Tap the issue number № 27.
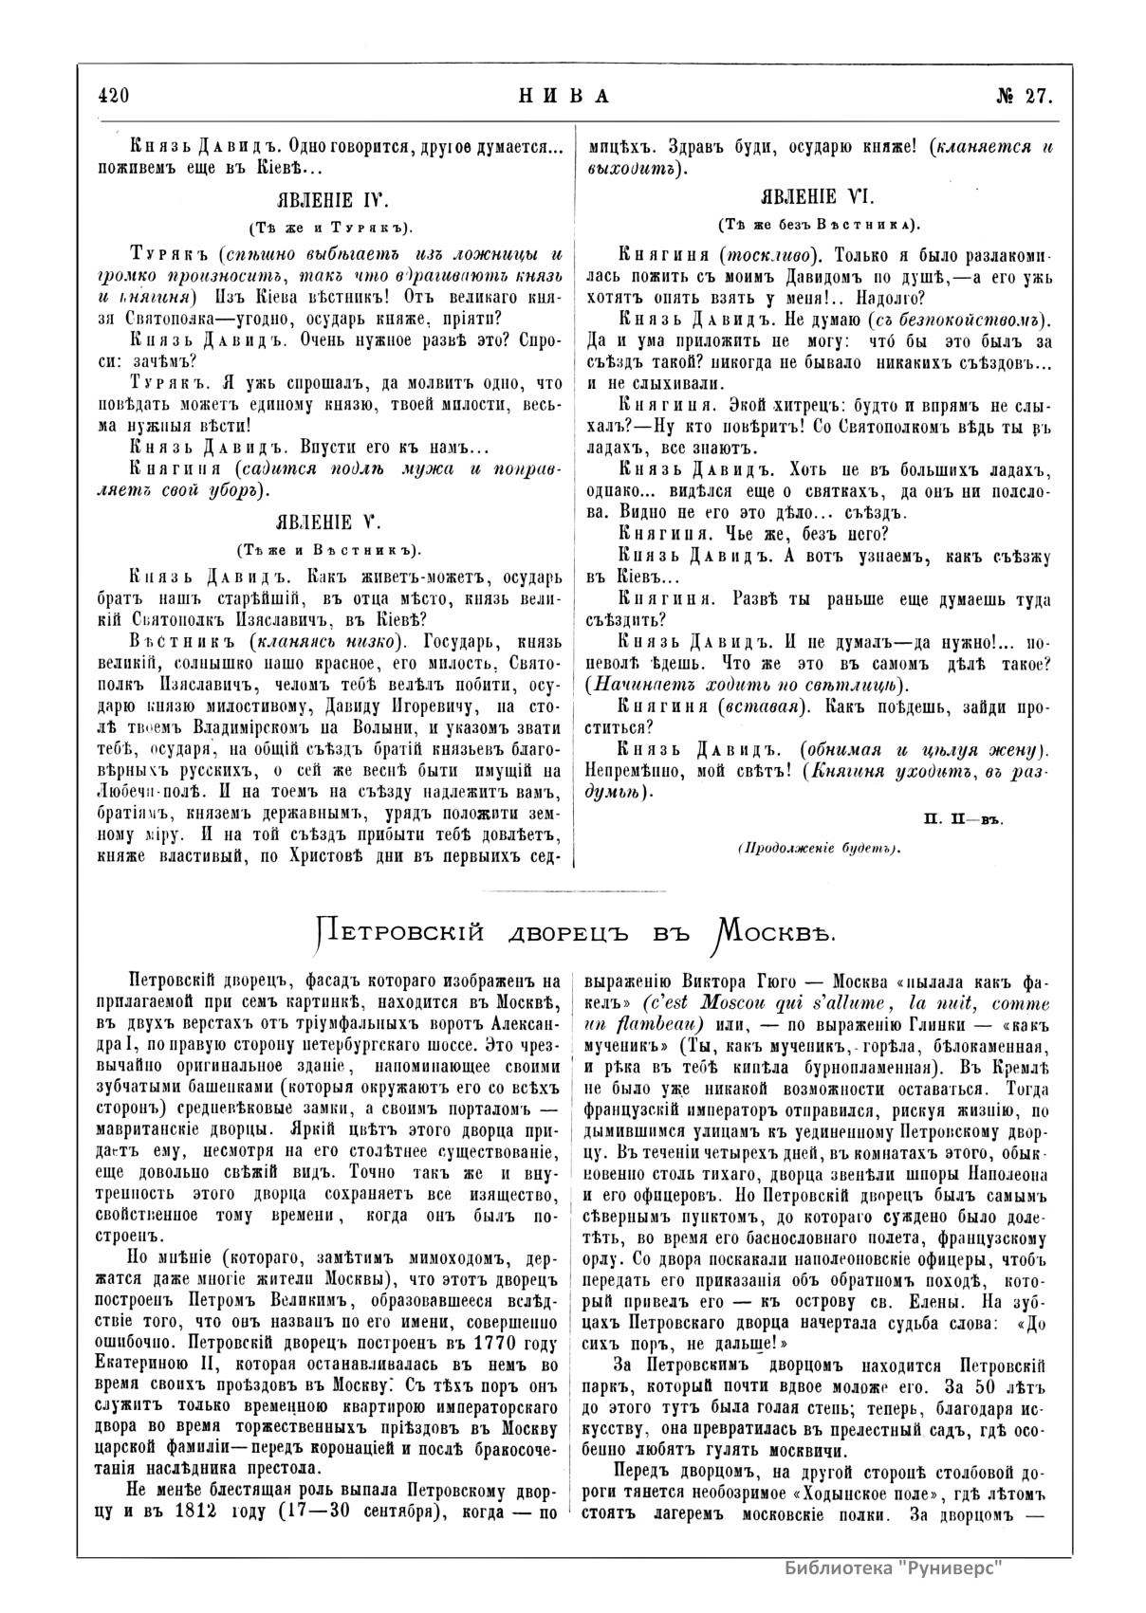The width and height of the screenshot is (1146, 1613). pos(1022,96)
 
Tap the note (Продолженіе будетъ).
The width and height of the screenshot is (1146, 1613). pos(818,849)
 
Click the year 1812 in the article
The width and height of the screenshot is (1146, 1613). pos(225,1512)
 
